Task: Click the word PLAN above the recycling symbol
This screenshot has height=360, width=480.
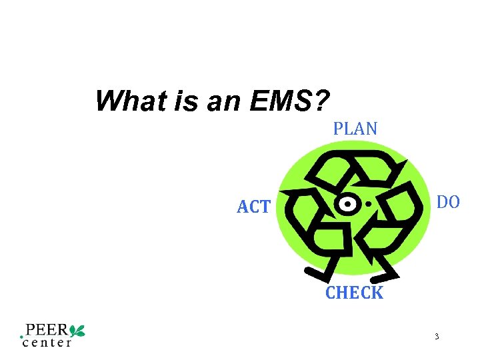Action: (x=355, y=128)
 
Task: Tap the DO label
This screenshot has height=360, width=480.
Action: (x=447, y=202)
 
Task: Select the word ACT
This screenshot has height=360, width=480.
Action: (x=253, y=207)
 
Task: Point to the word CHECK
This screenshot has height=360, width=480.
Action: (x=354, y=293)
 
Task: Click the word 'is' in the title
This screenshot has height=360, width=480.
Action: (x=171, y=101)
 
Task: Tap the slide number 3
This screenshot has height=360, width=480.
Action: (x=436, y=337)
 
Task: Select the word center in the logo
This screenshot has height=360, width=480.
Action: (x=47, y=343)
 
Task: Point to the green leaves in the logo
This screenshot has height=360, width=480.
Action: (x=77, y=329)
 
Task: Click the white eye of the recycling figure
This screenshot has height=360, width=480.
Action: (x=346, y=203)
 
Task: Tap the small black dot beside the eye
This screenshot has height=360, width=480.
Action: (x=369, y=203)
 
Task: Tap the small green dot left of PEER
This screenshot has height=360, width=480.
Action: (x=22, y=337)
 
